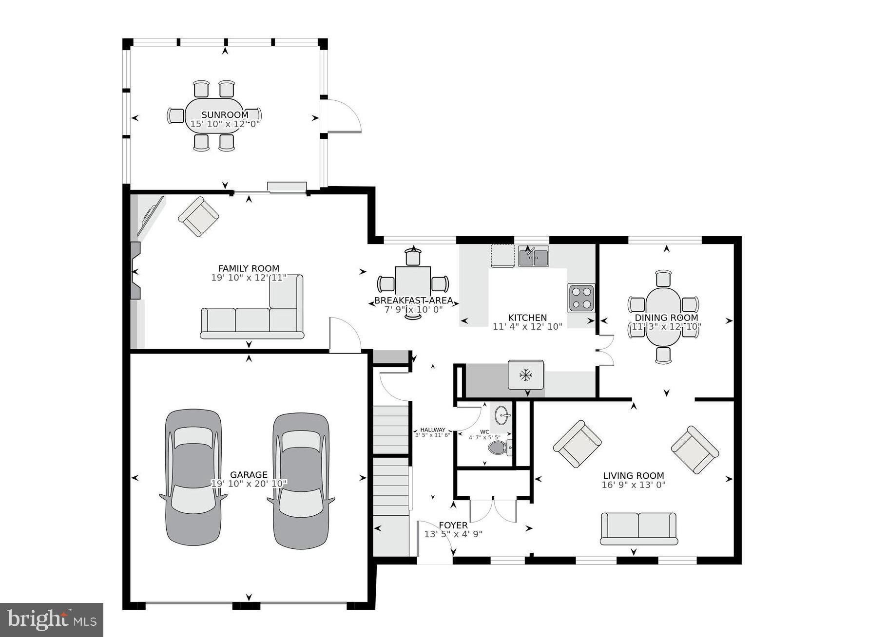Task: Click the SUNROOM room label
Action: click(x=225, y=115)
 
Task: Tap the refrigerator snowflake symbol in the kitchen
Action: click(x=525, y=375)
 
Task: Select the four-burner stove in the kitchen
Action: click(x=581, y=298)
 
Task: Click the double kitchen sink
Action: click(x=533, y=256)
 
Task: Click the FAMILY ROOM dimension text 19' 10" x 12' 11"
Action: click(x=249, y=278)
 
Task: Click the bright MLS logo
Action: click(x=52, y=619)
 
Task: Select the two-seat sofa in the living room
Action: click(x=638, y=528)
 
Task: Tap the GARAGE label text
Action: click(x=249, y=474)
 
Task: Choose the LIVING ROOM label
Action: click(x=634, y=476)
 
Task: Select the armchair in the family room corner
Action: click(x=198, y=216)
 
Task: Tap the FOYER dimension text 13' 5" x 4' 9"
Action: click(x=453, y=534)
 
